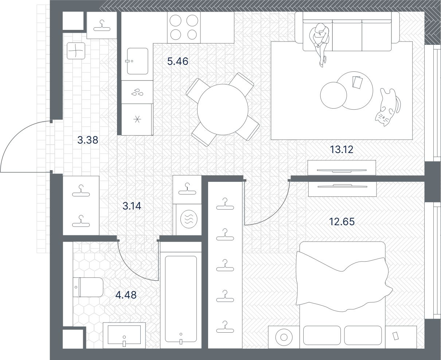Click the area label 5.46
(x=177, y=61)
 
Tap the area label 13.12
(x=341, y=149)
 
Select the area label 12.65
(x=342, y=222)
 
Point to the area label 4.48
(x=126, y=294)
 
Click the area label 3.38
(x=88, y=140)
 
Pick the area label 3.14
(x=132, y=206)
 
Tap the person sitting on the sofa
(x=320, y=40)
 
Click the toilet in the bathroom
(x=88, y=287)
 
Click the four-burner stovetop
(x=183, y=27)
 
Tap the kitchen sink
(x=137, y=61)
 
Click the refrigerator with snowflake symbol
(x=137, y=119)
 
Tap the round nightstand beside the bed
(x=283, y=337)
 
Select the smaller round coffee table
(x=333, y=95)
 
